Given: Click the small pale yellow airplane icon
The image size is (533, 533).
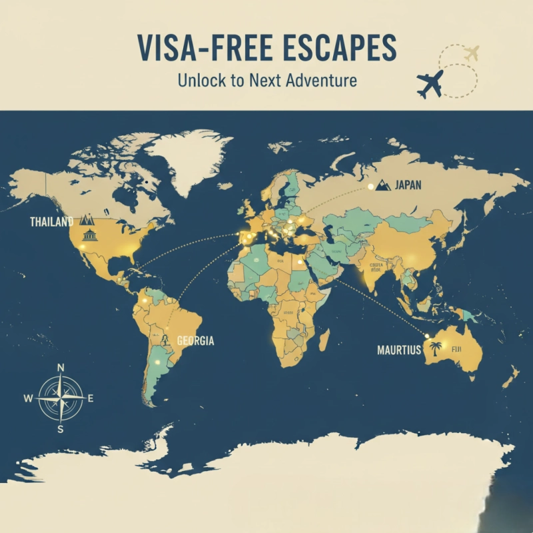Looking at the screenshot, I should point(472,52).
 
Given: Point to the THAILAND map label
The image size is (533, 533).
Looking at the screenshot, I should point(51,222).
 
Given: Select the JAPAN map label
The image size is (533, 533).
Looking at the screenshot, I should point(408,185).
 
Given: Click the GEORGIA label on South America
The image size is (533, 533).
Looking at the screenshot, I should point(195,340).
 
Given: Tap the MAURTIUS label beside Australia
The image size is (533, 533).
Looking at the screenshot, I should point(399,349).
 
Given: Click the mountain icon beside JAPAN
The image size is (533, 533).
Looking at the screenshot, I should point(383,185).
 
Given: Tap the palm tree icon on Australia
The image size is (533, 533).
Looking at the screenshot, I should point(436,348).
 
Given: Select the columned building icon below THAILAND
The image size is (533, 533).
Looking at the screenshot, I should point(88,235).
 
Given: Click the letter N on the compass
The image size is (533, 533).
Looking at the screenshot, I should point(61,368).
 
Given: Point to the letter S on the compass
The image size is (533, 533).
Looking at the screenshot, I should point(61,430).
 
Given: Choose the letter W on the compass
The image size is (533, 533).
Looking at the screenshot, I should point(28,399).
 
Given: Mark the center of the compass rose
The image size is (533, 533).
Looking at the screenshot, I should point(61,398).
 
